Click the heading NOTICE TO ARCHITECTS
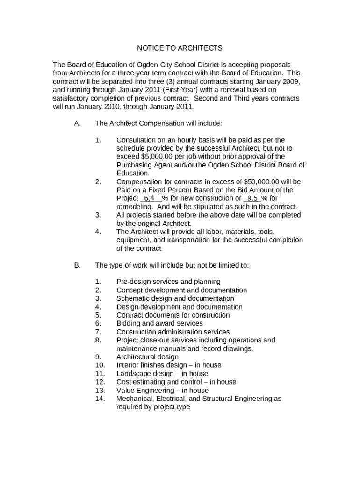pos(180,48)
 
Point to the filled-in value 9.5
pos(253,198)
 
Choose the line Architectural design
pos(147,357)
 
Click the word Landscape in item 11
pos(132,374)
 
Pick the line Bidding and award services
pos(159,323)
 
